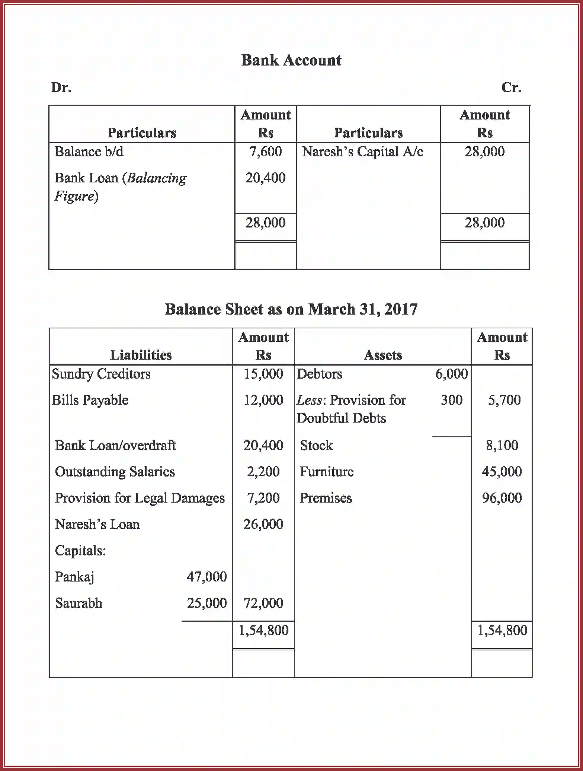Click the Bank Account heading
point(291,60)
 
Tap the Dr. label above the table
point(61,87)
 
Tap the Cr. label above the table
point(511,87)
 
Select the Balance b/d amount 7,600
point(265,152)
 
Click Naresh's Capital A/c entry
point(362,152)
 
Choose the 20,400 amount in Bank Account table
point(265,178)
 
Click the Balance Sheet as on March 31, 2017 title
point(291,309)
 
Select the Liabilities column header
point(141,355)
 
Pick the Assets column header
point(382,355)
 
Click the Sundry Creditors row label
point(101,374)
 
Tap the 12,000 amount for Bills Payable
point(263,400)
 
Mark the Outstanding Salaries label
point(115,472)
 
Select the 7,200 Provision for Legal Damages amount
point(263,498)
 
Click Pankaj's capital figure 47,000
point(206,577)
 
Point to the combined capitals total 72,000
point(263,603)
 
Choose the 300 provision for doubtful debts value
point(451,400)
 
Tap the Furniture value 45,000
point(502,472)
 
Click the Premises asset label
point(326,498)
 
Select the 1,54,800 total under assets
point(502,630)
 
